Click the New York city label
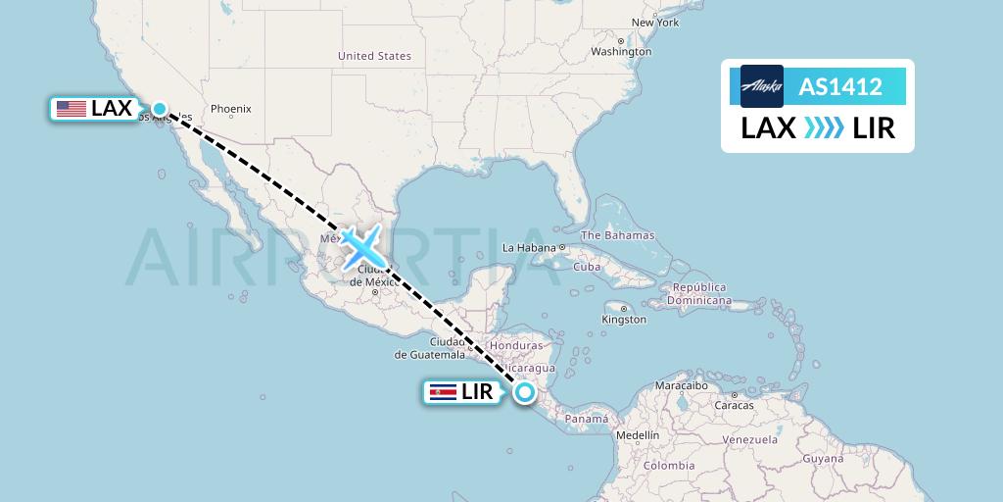coord(654,22)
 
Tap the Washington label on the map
coord(621,51)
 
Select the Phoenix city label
coord(231,109)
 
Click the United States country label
coord(374,56)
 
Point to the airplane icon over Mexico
coord(361,246)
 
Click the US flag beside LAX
coord(71,109)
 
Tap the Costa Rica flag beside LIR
coord(443,393)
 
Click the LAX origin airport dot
coord(160,109)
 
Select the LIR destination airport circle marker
coord(526,393)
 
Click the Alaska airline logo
coord(762,86)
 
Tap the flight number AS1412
coord(840,87)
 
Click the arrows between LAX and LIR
coord(824,128)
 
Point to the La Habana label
coord(529,248)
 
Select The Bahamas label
coord(617,235)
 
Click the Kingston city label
coord(624,319)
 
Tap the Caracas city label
coord(734,404)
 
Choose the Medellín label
coord(638,434)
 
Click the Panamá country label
coord(587,419)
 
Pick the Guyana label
coord(822,458)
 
